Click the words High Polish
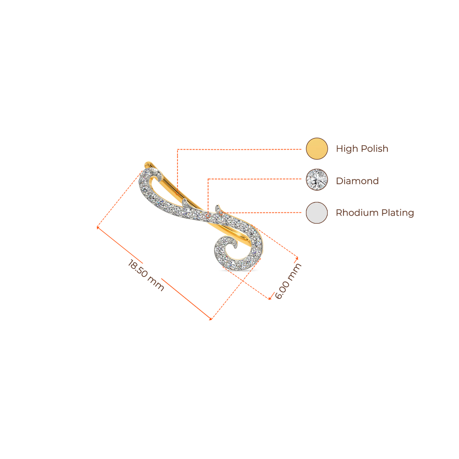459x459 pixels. coord(362,149)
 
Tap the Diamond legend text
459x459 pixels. coord(357,181)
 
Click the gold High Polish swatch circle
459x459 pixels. coord(317,149)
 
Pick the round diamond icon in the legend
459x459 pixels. coord(317,180)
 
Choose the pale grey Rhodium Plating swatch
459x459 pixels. coord(317,212)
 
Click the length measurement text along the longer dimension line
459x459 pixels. coord(146,275)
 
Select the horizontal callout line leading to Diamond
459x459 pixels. coord(255,179)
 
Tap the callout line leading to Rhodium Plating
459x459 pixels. coord(264,212)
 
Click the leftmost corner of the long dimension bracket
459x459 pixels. coord(97,228)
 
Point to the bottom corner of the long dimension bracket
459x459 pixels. coord(211,320)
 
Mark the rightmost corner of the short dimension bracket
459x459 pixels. coord(298,257)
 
